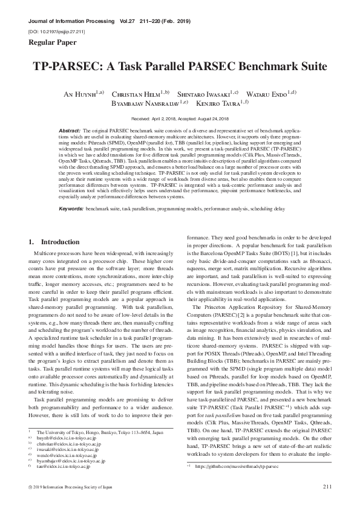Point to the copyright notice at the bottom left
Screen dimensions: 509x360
point(70,487)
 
